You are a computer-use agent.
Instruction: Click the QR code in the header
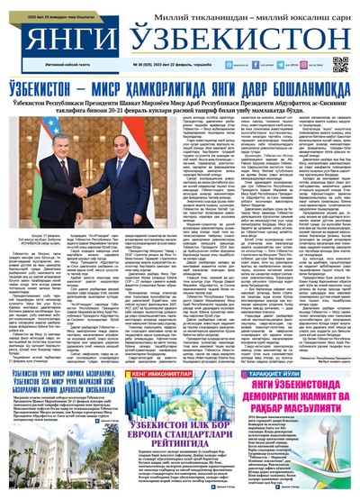(x=339, y=64)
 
